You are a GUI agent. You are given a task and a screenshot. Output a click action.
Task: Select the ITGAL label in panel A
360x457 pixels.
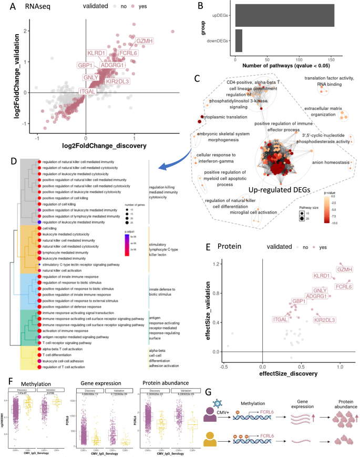pyautogui.click(x=88, y=92)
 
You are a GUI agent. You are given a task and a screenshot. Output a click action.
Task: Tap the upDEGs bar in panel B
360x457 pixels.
pyautogui.click(x=284, y=15)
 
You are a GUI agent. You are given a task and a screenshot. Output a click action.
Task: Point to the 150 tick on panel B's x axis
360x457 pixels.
pyautogui.click(x=332, y=60)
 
